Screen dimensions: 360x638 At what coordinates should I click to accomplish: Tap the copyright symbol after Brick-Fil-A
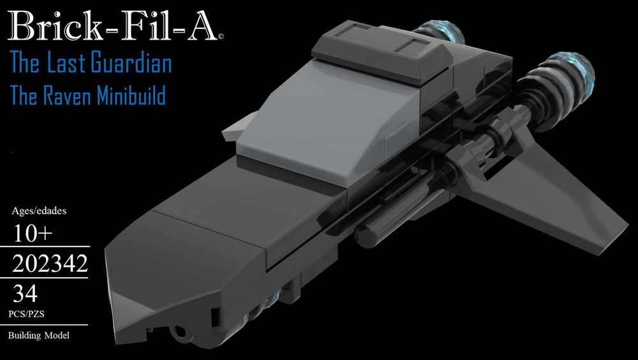point(220,37)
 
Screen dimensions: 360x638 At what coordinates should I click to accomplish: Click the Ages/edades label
point(40,210)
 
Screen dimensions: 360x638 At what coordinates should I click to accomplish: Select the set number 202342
point(50,264)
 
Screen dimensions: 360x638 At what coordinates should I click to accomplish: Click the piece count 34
point(26,294)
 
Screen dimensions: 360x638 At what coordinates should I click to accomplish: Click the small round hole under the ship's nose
point(181,330)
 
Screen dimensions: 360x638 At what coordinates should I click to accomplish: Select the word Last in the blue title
point(70,64)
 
